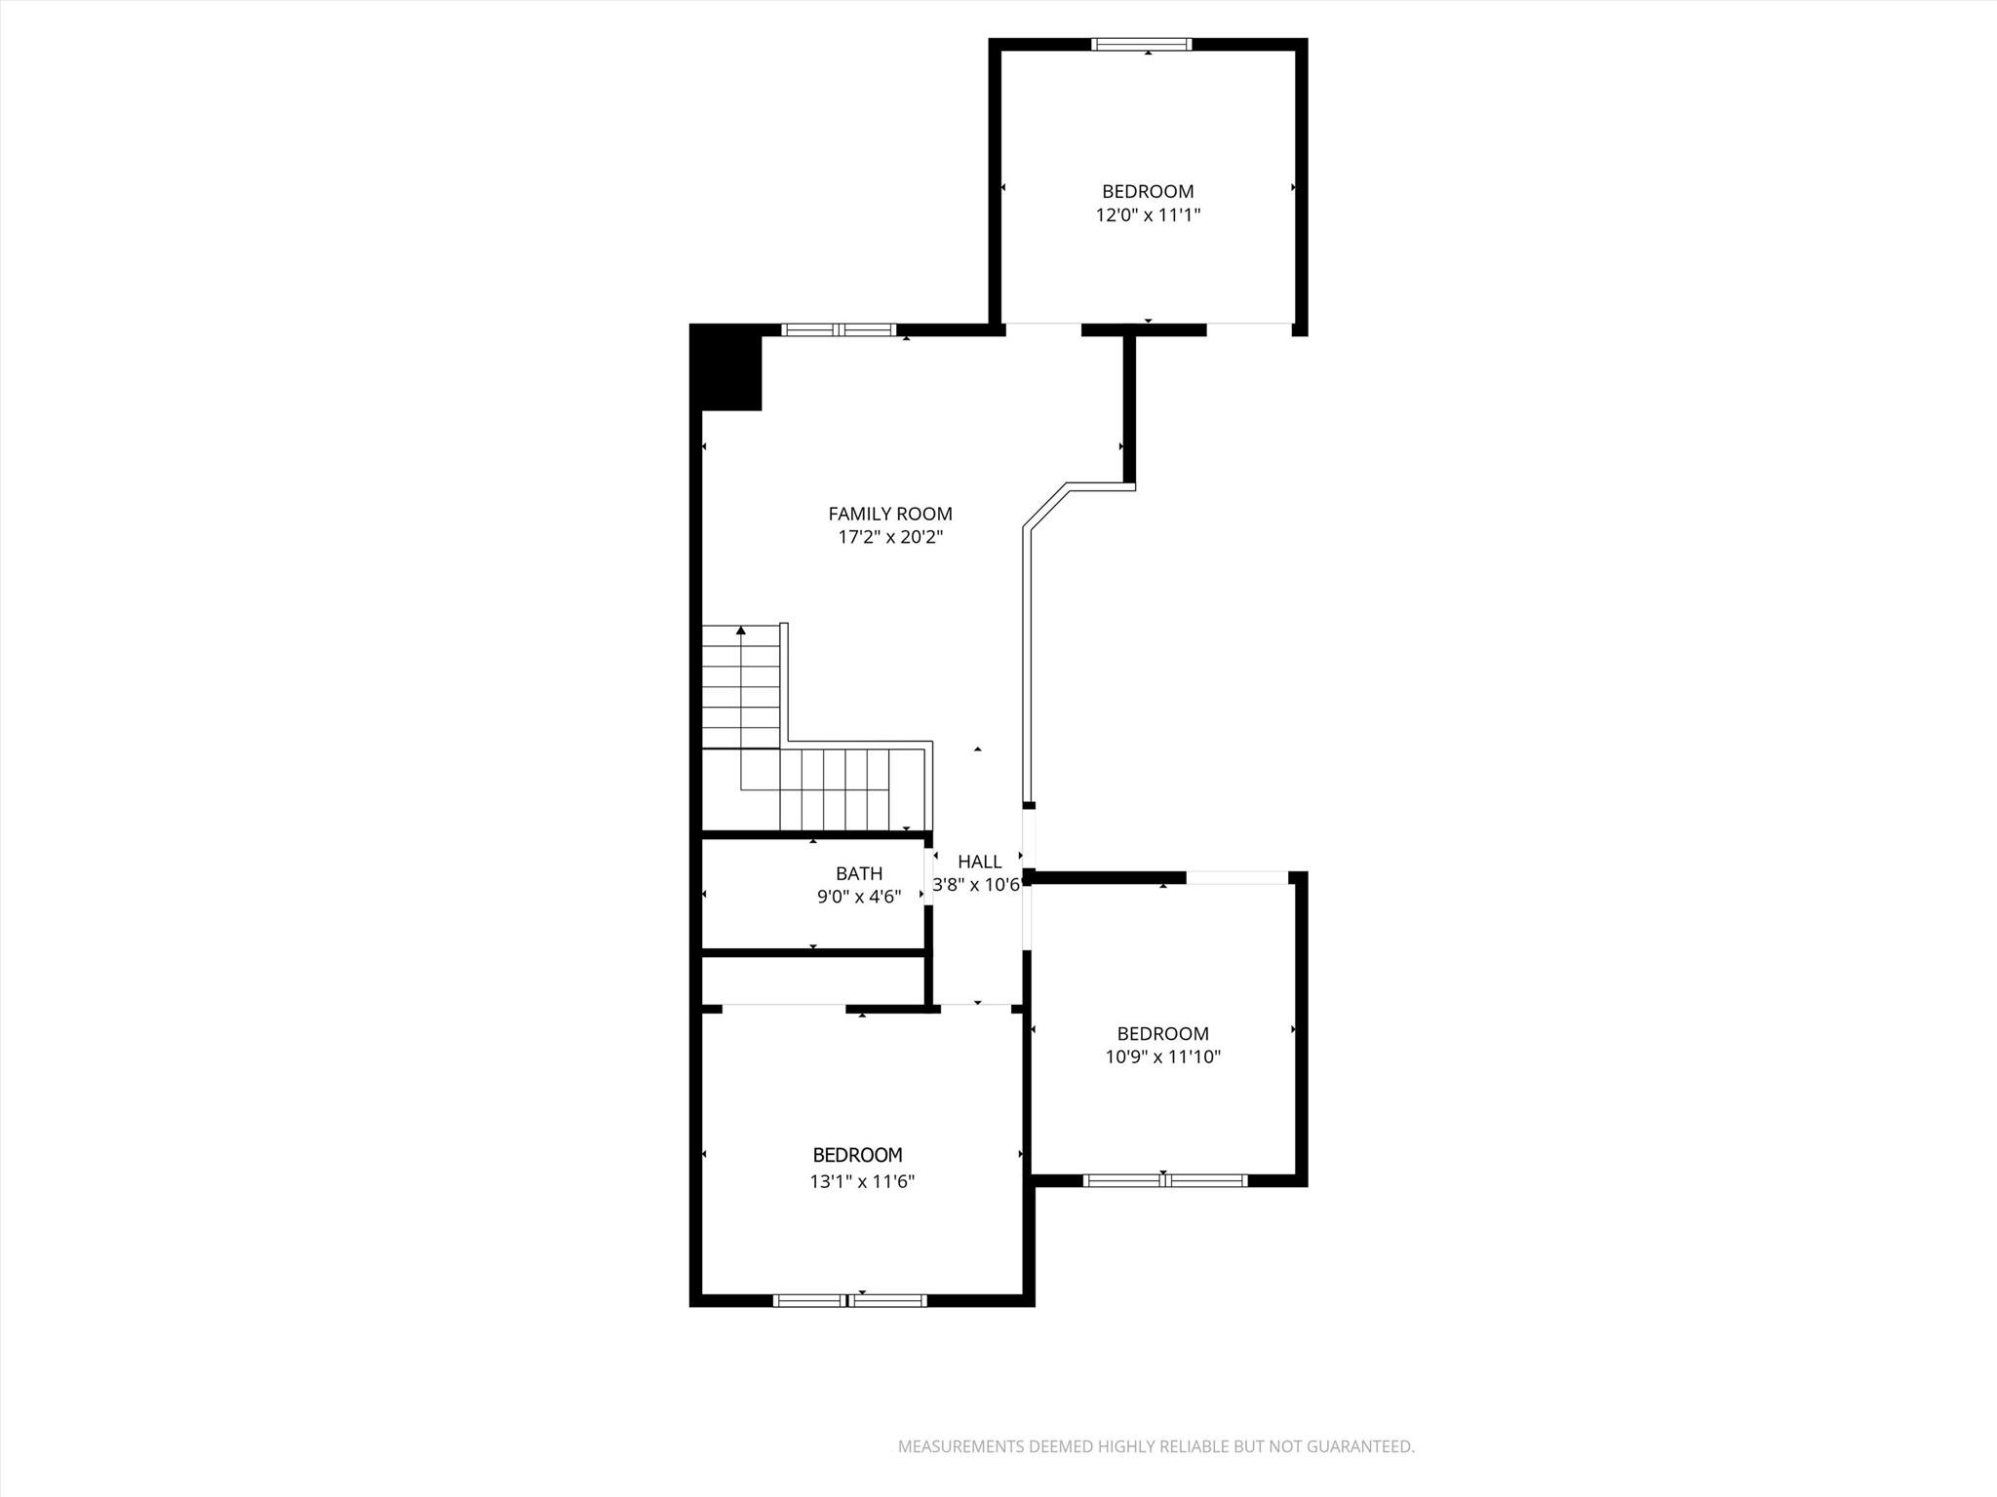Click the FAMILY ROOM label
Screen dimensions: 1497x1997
point(889,514)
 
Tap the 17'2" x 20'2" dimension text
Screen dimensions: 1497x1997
point(889,537)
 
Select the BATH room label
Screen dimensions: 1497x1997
point(859,873)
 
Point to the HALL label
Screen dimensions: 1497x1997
point(979,862)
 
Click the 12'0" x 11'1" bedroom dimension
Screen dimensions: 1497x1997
point(1148,215)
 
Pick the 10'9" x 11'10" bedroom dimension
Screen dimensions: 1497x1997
point(1162,1056)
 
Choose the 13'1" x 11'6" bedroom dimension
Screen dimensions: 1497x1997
point(862,1182)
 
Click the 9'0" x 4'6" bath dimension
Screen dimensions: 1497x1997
point(859,897)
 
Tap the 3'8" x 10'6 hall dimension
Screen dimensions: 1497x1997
point(976,885)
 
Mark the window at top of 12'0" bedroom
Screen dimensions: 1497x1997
point(1141,44)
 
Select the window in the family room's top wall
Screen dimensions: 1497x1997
point(839,329)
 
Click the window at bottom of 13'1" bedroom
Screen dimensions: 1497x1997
point(849,1300)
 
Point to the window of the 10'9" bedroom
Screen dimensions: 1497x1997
point(1164,1180)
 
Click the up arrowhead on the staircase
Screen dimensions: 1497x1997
point(741,631)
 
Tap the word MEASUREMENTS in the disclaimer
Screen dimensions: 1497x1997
point(959,1446)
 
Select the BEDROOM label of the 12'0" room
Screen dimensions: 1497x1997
point(1148,192)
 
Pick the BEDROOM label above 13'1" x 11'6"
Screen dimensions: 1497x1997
point(857,1155)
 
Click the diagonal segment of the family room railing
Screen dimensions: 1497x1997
point(1045,506)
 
